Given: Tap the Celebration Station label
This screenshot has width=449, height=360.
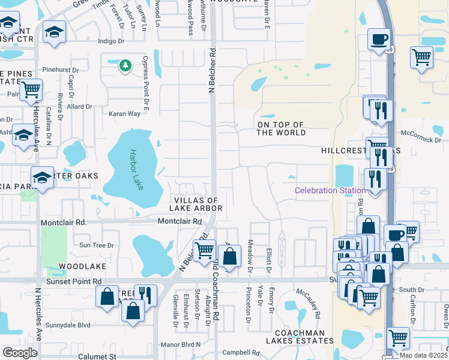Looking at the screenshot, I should pyautogui.click(x=330, y=191).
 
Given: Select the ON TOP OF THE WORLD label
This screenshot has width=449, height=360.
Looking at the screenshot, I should pyautogui.click(x=281, y=128).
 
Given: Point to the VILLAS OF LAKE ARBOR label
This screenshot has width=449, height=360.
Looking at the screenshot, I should pyautogui.click(x=198, y=204).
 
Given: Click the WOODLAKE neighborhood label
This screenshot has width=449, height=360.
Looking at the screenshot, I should pyautogui.click(x=82, y=266).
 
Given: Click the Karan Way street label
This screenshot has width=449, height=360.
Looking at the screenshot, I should pyautogui.click(x=124, y=113).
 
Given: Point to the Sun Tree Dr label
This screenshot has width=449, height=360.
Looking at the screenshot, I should pyautogui.click(x=97, y=245).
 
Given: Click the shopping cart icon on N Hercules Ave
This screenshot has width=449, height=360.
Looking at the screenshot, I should pyautogui.click(x=31, y=90).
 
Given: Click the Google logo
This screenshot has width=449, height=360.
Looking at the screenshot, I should pyautogui.click(x=20, y=352).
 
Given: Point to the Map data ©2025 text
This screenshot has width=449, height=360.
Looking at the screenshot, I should pyautogui.click(x=423, y=355).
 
